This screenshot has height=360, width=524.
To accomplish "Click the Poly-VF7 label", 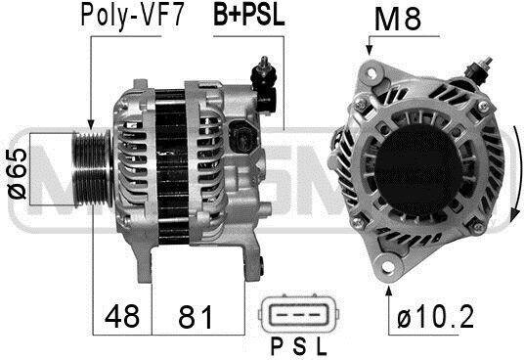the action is pos(132,16).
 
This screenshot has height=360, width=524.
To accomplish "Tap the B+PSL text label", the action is pos(249,15).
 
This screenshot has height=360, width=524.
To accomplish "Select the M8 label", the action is pos(398,19).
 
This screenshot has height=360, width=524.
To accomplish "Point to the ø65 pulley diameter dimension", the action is pos(17,173).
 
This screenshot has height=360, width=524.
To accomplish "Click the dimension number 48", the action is pos(121,316).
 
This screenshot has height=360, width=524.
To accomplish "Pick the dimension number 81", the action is pos(196,316).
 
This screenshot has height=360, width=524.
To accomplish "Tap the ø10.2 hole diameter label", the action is pos(435,317).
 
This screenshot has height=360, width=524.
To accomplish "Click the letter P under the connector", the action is pos(277,346).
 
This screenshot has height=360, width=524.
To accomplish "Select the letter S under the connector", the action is pos(299,346).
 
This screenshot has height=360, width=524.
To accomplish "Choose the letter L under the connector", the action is pos(322,346).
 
